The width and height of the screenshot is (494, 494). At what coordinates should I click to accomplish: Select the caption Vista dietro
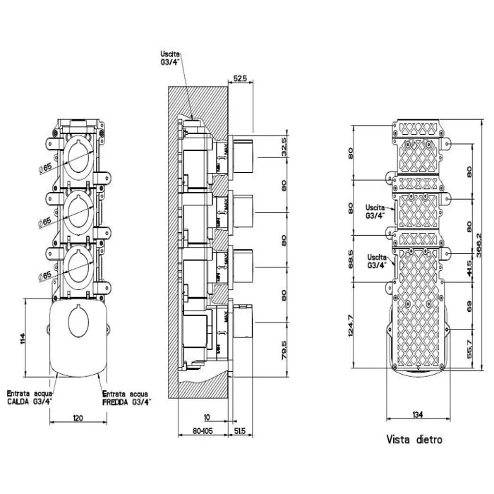414,440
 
